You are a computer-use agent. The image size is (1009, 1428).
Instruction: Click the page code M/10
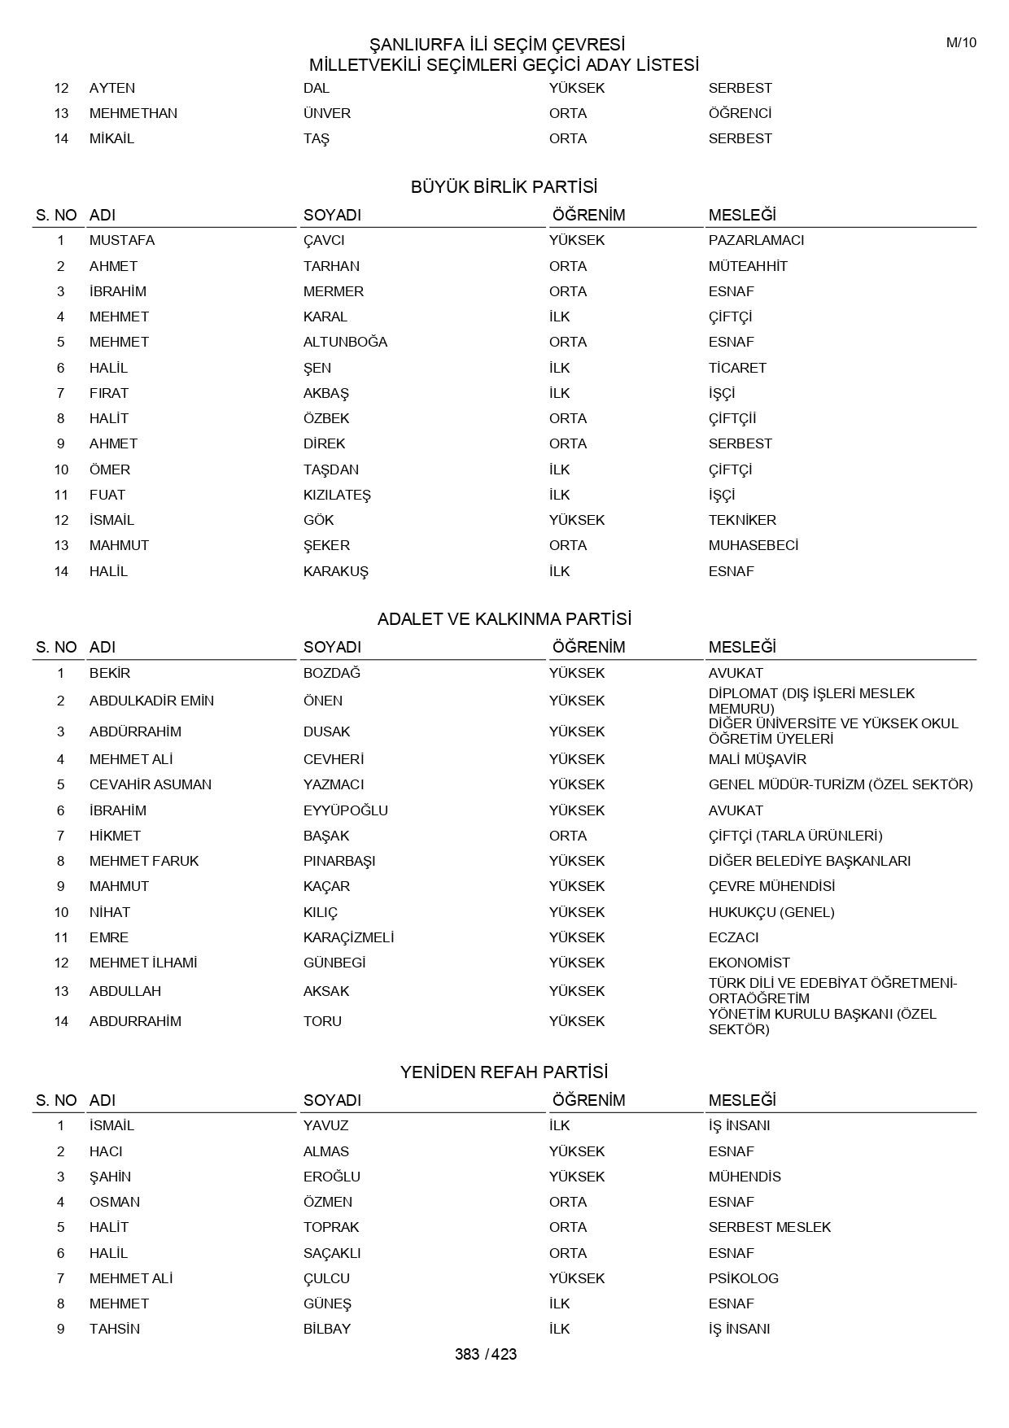tap(961, 43)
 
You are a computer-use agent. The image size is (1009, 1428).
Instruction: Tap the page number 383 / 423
tap(486, 1354)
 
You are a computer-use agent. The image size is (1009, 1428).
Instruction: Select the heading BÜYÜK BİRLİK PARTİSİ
tap(504, 187)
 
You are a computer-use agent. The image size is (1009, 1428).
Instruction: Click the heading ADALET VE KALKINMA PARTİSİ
tap(504, 619)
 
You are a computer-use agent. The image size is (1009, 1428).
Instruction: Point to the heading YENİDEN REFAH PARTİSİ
tap(504, 1072)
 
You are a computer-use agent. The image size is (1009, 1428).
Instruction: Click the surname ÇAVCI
tap(324, 240)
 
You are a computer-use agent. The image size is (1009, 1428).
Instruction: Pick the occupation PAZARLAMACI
tap(756, 240)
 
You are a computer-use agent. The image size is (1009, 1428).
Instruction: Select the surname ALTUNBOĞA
tap(345, 342)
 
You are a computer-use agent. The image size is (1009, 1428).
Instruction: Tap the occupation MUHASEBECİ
tap(753, 545)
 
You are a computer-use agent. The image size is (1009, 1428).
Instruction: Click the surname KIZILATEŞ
tap(337, 495)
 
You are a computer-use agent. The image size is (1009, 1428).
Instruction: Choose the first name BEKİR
tap(110, 673)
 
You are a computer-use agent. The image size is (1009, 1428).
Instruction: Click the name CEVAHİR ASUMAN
tap(151, 784)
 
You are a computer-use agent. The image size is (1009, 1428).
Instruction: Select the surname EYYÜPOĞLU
tap(346, 810)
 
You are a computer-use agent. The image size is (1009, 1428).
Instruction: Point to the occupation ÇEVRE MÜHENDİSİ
tap(771, 886)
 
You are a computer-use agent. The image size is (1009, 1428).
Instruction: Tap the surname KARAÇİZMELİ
tap(348, 937)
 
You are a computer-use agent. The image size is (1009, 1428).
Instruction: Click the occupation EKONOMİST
tap(749, 963)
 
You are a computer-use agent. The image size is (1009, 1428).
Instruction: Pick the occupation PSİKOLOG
tap(744, 1278)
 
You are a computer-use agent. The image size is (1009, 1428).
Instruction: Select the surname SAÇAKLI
tap(332, 1253)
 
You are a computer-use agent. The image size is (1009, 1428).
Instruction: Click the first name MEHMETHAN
tap(133, 113)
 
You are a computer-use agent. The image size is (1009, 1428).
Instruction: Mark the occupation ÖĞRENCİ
tap(740, 113)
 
